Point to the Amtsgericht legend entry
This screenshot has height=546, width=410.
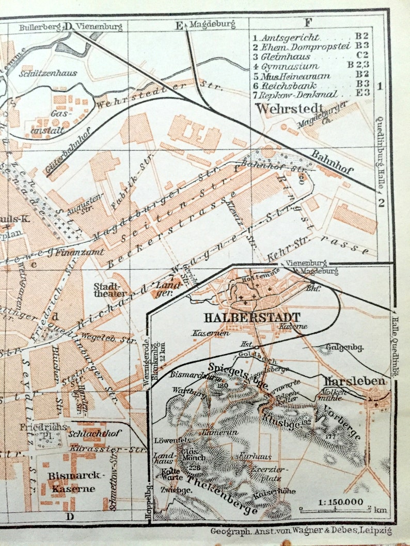tap(290, 38)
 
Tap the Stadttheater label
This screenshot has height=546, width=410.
tap(111, 290)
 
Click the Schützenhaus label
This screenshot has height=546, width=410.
tap(50, 73)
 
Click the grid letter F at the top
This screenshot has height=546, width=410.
tap(308, 23)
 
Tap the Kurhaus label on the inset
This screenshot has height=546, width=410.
tap(252, 456)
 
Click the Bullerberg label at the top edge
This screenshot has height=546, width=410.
tap(40, 27)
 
